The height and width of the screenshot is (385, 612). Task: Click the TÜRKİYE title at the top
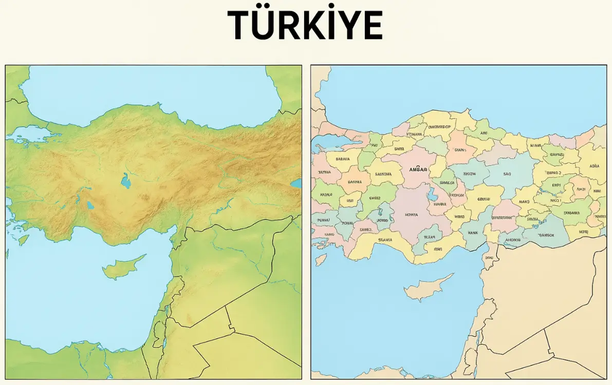coord(305,25)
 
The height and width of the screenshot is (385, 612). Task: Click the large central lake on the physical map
coord(125,180)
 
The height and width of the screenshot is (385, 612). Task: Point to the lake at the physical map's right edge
coord(296,183)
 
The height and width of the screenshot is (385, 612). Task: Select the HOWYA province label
coord(412,215)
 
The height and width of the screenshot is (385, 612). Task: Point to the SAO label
coord(507,174)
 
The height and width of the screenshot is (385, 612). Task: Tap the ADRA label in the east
coord(595,166)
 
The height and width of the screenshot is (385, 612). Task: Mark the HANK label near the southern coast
coord(473,233)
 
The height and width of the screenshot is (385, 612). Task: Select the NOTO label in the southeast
coord(583,232)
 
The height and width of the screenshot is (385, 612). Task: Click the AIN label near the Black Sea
coord(484,133)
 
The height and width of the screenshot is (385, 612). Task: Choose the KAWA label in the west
coord(326,195)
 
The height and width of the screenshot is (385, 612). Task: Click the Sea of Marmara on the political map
coord(329,141)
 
